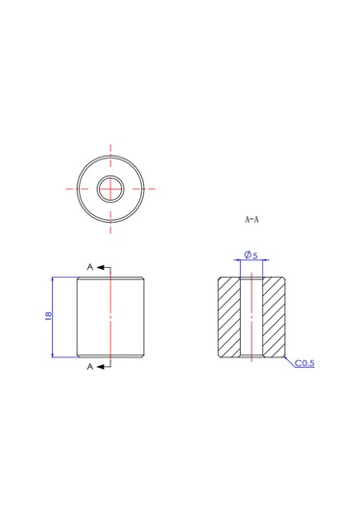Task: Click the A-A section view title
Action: [x=252, y=219]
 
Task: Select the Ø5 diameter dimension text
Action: [x=252, y=255]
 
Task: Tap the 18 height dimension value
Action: [x=48, y=316]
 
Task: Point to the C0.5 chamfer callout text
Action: [x=304, y=363]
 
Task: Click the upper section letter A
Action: [x=90, y=267]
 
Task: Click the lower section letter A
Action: [x=90, y=367]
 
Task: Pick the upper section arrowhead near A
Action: [x=101, y=267]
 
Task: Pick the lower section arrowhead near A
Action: [x=101, y=366]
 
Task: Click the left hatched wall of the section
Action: [x=229, y=317]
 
